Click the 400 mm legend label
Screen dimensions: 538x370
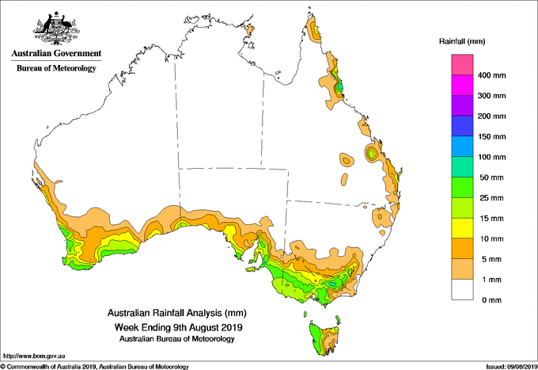(491, 75)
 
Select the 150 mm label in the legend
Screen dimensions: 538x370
(491, 137)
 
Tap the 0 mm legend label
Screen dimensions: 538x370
(491, 300)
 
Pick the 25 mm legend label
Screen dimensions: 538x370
(491, 198)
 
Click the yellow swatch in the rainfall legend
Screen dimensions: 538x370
(462, 228)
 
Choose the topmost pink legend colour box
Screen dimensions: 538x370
(462, 65)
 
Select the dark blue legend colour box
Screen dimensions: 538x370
(462, 126)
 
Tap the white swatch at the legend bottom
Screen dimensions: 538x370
(462, 290)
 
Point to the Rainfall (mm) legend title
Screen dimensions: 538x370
(462, 41)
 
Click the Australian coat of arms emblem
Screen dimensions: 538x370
(56, 29)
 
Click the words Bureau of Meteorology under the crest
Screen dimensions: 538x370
(56, 68)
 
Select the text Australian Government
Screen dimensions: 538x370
(56, 53)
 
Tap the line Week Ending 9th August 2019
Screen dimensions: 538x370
(178, 327)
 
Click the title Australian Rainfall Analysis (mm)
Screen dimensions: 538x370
(176, 313)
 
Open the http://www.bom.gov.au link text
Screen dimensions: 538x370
(34, 357)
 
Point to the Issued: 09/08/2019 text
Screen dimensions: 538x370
(511, 367)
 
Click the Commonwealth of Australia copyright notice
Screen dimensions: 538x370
(95, 367)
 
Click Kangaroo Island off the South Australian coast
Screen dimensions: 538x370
(254, 269)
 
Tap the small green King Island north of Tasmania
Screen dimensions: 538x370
(305, 314)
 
